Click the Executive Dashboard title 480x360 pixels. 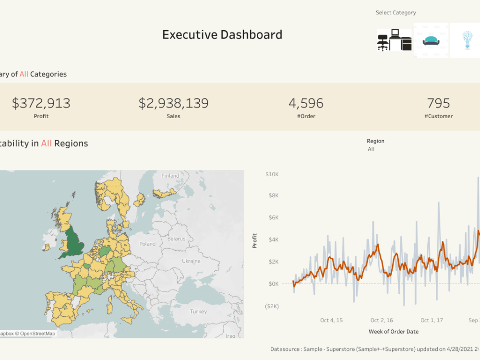222,35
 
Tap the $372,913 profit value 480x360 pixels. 41,103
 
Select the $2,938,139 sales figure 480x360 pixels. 173,103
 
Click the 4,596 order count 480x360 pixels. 306,103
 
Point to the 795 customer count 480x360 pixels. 438,103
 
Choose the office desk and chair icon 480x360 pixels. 394,40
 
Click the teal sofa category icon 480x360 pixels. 431,41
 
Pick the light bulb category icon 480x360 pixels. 466,40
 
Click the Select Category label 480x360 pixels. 396,13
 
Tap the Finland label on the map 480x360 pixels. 170,176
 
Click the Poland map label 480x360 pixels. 147,244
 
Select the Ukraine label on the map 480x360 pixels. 191,261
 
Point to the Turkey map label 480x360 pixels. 198,312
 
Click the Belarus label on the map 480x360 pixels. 176,239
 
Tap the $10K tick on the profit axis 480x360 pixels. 272,174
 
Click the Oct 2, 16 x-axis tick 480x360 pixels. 382,320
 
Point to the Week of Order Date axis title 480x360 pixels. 393,332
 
